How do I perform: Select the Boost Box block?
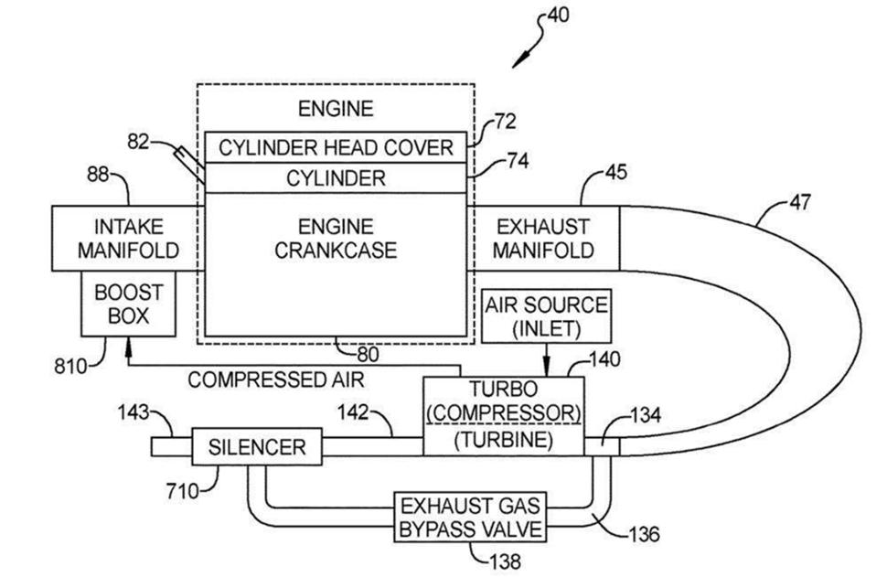pos(127,305)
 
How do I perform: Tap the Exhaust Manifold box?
pos(544,238)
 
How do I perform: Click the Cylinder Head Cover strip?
pos(335,147)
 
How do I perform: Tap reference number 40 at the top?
pos(558,16)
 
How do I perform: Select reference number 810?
pos(70,368)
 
